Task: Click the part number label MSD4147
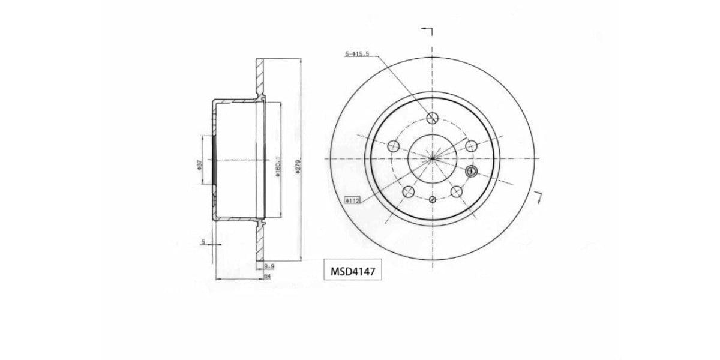353,271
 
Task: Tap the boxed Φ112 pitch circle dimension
352,200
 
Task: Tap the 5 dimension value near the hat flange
203,242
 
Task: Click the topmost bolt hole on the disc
432,118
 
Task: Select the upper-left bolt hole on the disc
394,146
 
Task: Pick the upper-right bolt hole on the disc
471,145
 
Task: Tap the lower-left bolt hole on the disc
408,191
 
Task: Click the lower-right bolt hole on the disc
456,191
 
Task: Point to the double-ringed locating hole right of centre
470,171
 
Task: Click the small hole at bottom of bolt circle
432,199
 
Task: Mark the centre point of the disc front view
432,158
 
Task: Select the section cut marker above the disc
428,30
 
